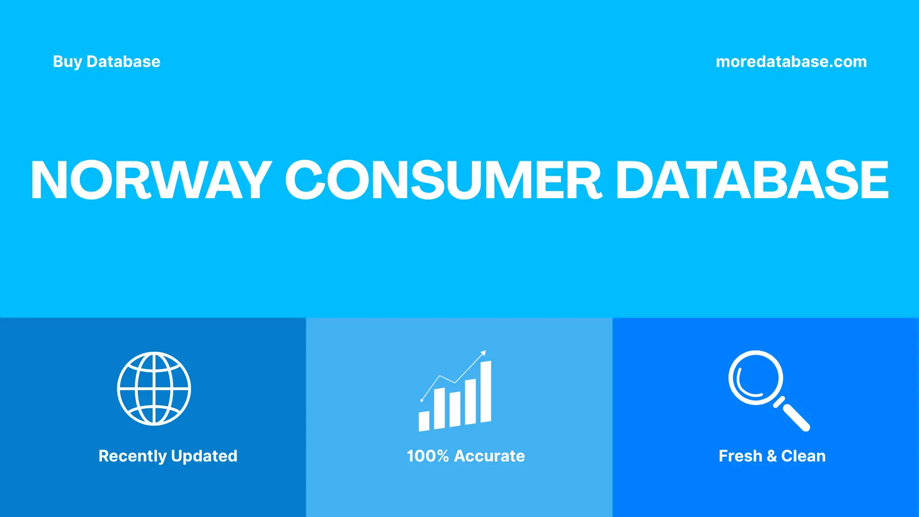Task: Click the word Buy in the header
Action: coord(67,62)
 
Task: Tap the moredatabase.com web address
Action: coord(791,62)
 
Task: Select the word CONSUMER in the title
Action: coord(443,180)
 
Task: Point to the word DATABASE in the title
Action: coord(752,180)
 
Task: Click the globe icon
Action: coord(154,389)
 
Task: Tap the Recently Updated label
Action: coord(168,456)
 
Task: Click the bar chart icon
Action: coord(455,393)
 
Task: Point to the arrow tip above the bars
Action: coord(484,353)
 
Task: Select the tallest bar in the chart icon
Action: coord(485,392)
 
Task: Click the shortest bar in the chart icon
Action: coord(424,421)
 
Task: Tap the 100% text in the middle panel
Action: coord(427,456)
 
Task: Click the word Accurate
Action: coord(489,456)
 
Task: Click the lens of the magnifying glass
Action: coord(755,378)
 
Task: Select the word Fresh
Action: coord(740,456)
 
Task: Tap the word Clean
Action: coord(803,456)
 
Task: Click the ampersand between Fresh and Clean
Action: coord(771,456)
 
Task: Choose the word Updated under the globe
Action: coord(204,456)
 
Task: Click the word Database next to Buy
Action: coord(123,62)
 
